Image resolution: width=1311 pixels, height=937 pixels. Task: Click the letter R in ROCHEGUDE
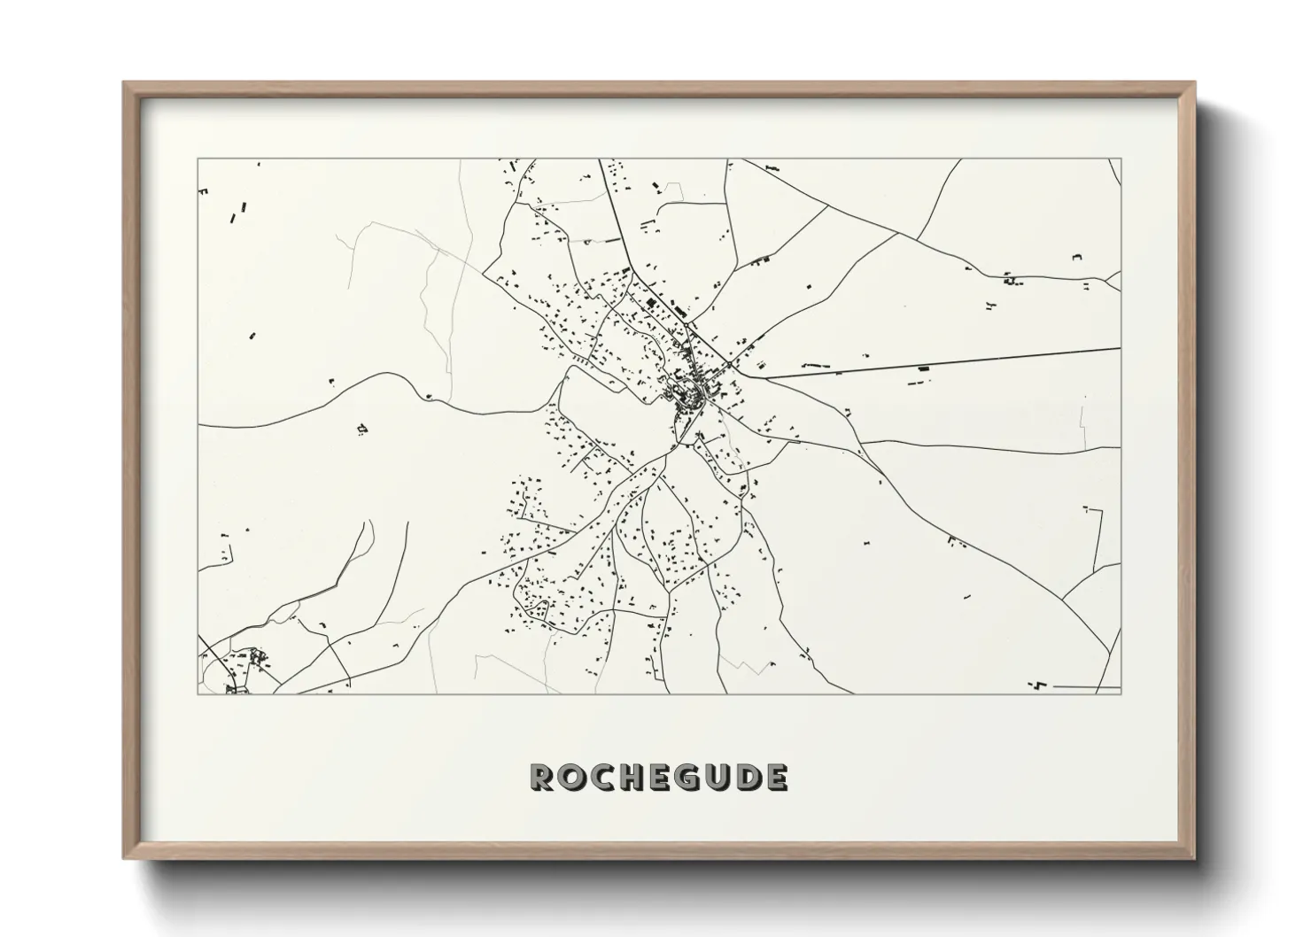pyautogui.click(x=542, y=778)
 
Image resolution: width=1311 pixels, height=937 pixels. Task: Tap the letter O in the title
pyautogui.click(x=571, y=778)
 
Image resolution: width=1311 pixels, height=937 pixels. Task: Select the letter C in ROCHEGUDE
pyautogui.click(x=601, y=778)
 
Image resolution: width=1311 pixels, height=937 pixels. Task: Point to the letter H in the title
pyautogui.click(x=630, y=778)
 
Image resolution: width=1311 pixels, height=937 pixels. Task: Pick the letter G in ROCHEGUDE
pyautogui.click(x=687, y=778)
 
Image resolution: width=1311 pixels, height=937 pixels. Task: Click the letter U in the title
pyautogui.click(x=716, y=778)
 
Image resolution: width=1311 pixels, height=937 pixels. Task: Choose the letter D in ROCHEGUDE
pyautogui.click(x=746, y=778)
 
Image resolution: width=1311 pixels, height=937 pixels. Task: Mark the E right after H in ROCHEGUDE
pyautogui.click(x=658, y=778)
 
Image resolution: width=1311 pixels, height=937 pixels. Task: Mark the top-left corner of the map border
pyautogui.click(x=198, y=159)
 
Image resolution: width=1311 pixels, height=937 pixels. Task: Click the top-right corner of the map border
pyautogui.click(x=1121, y=159)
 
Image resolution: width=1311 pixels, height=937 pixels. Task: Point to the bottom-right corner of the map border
pyautogui.click(x=1121, y=693)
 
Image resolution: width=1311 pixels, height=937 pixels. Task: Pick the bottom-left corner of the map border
pyautogui.click(x=198, y=693)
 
